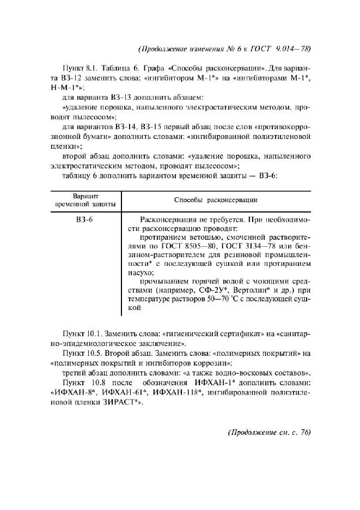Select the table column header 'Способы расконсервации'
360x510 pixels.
(215, 200)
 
